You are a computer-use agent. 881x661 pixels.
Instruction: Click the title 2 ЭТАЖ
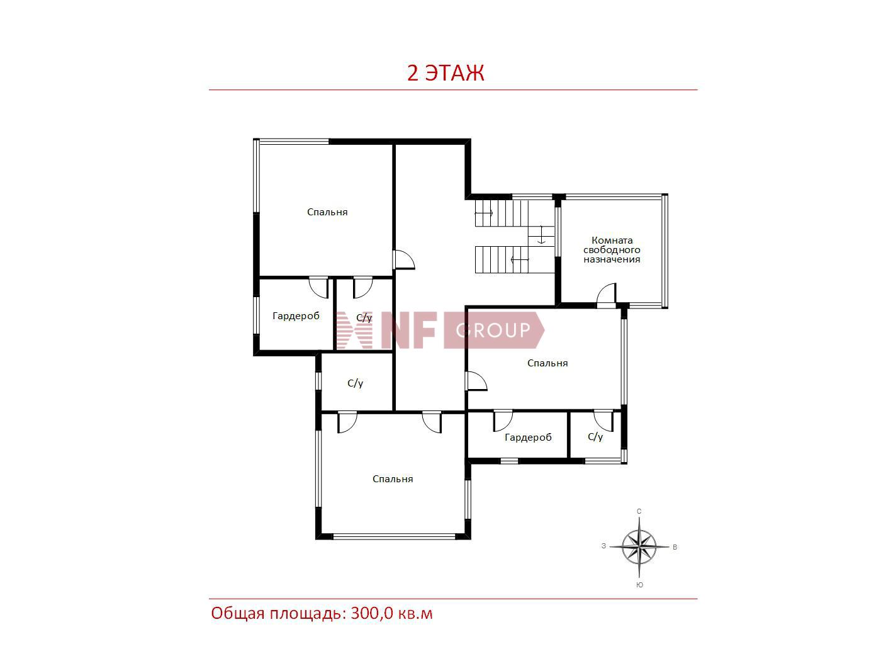pyautogui.click(x=446, y=73)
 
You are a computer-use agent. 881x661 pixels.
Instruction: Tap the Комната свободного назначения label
pyautogui.click(x=612, y=250)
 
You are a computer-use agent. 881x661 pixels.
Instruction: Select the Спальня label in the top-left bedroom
pyautogui.click(x=327, y=212)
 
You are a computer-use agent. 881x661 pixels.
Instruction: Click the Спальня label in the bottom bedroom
pyautogui.click(x=393, y=479)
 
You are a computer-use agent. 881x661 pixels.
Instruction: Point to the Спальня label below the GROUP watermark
pyautogui.click(x=547, y=363)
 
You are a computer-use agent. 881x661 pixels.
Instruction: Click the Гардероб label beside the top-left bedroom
pyautogui.click(x=296, y=316)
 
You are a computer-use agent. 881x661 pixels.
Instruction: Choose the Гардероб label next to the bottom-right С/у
pyautogui.click(x=528, y=438)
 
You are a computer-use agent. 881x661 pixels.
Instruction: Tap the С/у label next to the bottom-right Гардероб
pyautogui.click(x=595, y=437)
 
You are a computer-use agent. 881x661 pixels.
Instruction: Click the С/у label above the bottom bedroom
pyautogui.click(x=355, y=383)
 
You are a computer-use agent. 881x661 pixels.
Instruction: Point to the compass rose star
pyautogui.click(x=639, y=546)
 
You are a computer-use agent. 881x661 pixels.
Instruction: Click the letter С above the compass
pyautogui.click(x=639, y=511)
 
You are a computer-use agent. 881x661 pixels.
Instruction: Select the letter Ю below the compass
pyautogui.click(x=640, y=585)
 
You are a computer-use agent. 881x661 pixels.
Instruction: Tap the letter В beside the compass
pyautogui.click(x=675, y=547)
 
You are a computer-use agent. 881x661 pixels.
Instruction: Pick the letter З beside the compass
pyautogui.click(x=603, y=546)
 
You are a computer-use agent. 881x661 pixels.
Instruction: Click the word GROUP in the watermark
pyautogui.click(x=493, y=330)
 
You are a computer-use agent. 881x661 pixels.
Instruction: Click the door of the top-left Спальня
pyautogui.click(x=404, y=259)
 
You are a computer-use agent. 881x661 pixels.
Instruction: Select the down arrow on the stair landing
pyautogui.click(x=541, y=235)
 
